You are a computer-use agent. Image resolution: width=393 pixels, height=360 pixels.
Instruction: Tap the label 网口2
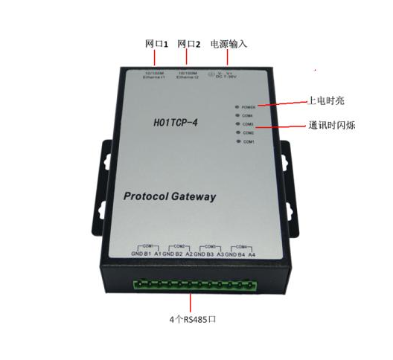pyautogui.click(x=190, y=44)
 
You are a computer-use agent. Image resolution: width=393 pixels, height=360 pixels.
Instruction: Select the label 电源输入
pyautogui.click(x=229, y=44)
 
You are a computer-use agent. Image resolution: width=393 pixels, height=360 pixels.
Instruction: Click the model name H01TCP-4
pyautogui.click(x=176, y=119)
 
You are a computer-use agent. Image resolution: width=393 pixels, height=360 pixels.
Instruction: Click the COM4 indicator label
pyautogui.click(x=247, y=116)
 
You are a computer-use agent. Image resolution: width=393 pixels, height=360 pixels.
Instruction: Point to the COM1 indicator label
pyautogui.click(x=249, y=141)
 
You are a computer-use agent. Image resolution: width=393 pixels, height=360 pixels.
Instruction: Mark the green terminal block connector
pyautogui.click(x=195, y=285)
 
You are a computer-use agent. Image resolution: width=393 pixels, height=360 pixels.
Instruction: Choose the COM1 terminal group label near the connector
pyautogui.click(x=148, y=245)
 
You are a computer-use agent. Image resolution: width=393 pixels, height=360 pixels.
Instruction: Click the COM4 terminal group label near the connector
pyautogui.click(x=240, y=245)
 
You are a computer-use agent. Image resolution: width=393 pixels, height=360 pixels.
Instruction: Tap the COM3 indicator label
pyautogui.click(x=248, y=124)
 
